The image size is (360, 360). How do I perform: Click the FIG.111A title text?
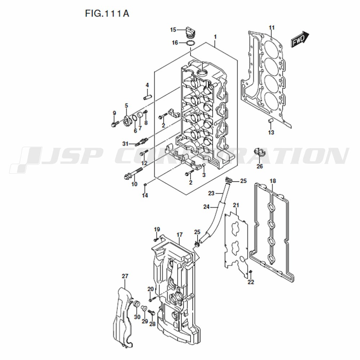(x=107, y=13)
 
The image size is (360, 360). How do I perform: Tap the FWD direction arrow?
(x=300, y=39)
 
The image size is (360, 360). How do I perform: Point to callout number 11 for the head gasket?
(x=271, y=28)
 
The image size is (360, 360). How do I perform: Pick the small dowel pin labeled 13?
(x=270, y=121)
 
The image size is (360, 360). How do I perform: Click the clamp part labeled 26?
(x=259, y=152)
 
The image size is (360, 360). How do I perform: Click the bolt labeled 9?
(x=115, y=124)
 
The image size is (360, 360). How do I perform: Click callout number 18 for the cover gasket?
(x=273, y=181)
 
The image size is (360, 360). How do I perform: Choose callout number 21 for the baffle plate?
(x=236, y=205)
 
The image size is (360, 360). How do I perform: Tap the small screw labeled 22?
(x=251, y=272)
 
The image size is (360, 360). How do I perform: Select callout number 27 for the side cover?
(x=125, y=276)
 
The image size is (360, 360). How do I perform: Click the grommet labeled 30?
(x=136, y=304)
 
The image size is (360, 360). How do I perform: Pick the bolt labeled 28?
(x=152, y=313)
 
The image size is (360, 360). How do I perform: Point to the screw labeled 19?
(x=156, y=240)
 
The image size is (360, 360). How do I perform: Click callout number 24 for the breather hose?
(x=206, y=207)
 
